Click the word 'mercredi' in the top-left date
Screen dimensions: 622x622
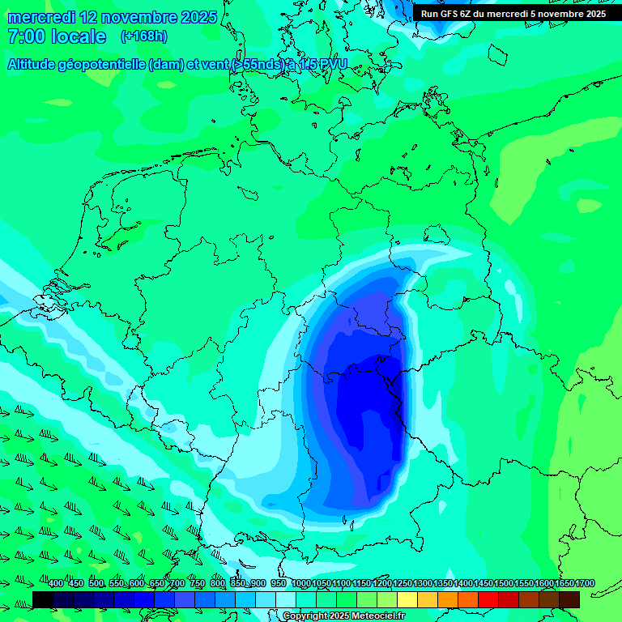41,17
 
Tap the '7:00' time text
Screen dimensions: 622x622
25,36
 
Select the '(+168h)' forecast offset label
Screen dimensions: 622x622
144,36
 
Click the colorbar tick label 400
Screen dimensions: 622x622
56,584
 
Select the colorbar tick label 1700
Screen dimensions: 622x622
564,584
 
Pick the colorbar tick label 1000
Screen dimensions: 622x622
301,584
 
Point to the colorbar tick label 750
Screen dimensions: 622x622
198,584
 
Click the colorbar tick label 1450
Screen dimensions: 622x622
462,584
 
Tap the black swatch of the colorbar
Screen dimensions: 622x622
43,599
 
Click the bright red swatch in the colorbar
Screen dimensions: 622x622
488,599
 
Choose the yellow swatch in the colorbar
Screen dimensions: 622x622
407,599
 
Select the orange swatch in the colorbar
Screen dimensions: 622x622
448,599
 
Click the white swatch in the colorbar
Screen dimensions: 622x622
286,599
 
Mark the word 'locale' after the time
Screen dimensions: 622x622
78,36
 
